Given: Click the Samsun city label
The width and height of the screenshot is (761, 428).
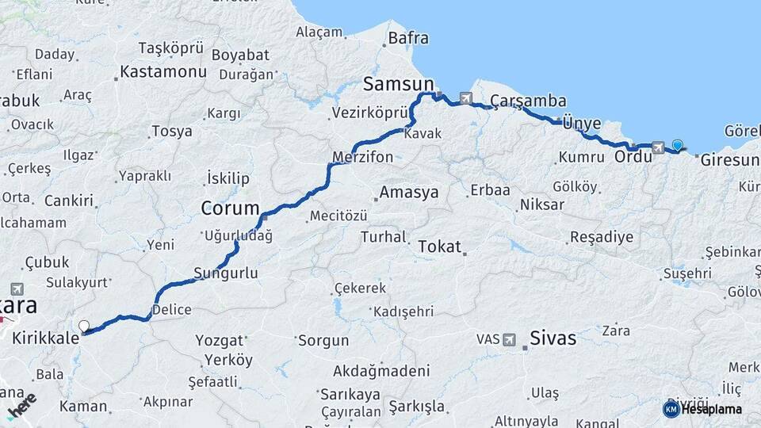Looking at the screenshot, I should tap(399, 83).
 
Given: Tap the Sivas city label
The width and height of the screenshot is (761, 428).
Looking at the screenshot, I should tap(553, 338).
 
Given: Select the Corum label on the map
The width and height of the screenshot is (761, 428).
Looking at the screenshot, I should tap(230, 208).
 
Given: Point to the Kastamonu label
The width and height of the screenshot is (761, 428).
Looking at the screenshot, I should tap(163, 72).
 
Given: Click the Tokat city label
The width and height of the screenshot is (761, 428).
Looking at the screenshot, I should tap(439, 246).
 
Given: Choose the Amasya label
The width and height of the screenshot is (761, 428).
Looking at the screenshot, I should tap(408, 193).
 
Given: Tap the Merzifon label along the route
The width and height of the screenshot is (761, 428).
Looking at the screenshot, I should tap(363, 157).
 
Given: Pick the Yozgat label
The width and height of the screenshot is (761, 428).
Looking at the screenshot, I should tap(220, 341).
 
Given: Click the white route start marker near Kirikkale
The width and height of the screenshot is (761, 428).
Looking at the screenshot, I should tap(83, 326).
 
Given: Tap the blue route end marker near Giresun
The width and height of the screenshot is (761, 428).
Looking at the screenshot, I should tap(677, 145).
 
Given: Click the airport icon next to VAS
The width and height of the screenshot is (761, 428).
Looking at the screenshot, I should tap(509, 339).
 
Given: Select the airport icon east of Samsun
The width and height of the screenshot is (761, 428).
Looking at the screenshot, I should tap(465, 99).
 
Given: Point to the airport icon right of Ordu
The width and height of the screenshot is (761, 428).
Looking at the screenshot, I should tap(658, 147).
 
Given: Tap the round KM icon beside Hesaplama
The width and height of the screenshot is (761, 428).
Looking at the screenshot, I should tap(671, 409).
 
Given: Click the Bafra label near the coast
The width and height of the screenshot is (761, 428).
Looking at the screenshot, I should tap(408, 37).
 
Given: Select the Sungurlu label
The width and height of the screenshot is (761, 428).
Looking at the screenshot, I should tap(226, 273).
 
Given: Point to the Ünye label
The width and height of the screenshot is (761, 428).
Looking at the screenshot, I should tap(582, 124).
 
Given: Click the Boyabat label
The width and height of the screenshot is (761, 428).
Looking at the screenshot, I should tap(241, 55).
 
